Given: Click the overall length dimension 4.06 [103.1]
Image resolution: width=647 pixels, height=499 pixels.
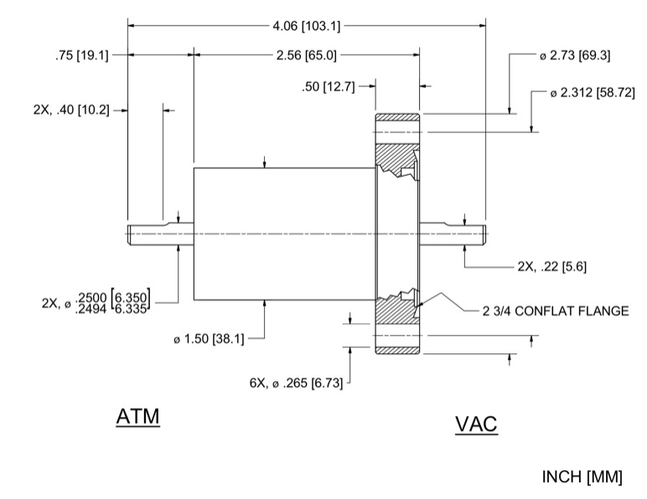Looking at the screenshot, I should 307,26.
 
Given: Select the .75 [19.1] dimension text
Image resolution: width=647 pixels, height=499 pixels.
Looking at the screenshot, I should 79,56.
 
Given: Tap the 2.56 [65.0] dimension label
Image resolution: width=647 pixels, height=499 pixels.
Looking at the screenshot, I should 307,56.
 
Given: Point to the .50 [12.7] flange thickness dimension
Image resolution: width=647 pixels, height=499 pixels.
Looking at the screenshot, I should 334,85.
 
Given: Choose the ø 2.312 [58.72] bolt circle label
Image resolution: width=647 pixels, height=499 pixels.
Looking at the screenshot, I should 590,92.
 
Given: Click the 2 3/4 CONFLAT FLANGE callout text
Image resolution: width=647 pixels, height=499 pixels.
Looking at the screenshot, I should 555,311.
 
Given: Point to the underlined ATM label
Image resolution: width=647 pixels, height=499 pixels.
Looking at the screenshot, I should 137,416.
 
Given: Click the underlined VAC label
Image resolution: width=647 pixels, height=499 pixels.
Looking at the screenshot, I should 476,424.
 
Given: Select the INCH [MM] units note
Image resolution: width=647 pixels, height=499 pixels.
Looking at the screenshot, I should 582,477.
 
